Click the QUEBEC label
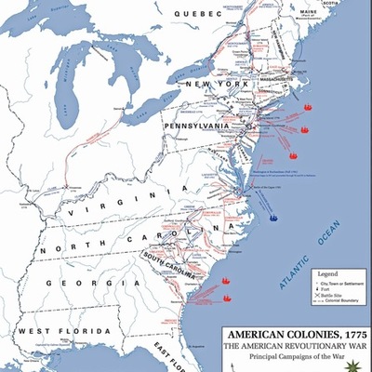point(199,14)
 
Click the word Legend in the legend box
point(316,275)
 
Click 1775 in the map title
point(349,333)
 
